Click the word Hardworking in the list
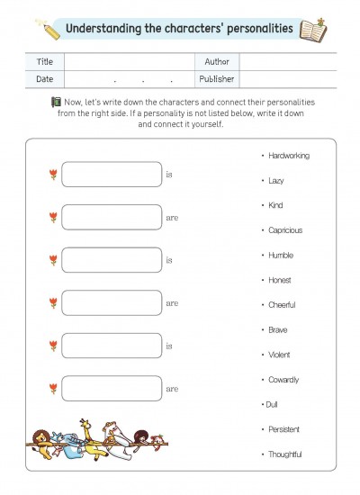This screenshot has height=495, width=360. point(289,156)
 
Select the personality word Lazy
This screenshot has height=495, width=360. point(276,181)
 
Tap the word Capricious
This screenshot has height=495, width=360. point(285,230)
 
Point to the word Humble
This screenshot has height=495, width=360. point(281,255)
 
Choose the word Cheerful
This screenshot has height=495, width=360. point(282,305)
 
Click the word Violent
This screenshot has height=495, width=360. point(279,355)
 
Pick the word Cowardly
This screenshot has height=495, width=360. point(283,380)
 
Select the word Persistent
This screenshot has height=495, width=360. point(283,429)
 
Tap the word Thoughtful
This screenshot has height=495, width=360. point(284,454)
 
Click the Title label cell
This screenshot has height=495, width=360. point(45,62)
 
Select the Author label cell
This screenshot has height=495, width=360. point(217,62)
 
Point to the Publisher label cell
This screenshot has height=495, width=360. point(217,79)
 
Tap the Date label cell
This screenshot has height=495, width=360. point(45,79)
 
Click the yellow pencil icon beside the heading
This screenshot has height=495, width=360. point(49,30)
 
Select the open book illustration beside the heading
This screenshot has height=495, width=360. point(312,31)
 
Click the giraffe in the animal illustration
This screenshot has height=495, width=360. point(90,440)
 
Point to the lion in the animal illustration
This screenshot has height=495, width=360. point(42,443)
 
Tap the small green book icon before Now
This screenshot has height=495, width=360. point(56,102)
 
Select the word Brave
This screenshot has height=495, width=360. point(277,330)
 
